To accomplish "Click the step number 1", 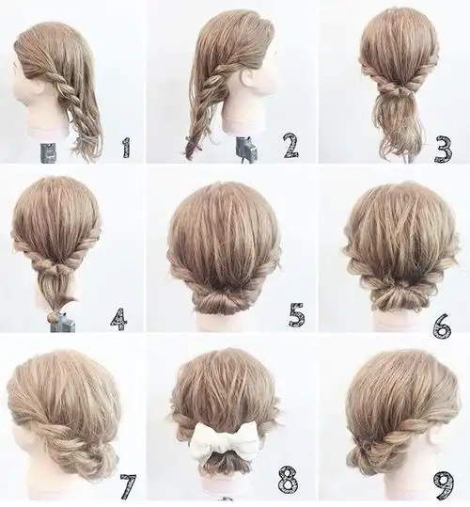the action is pos(127,148).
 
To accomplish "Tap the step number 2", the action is pos(290,146).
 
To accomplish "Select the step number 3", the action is pos(443,150).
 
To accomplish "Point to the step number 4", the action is pos(118,319).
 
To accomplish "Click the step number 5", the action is pos(296,314).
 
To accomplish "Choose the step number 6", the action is pos(442,325).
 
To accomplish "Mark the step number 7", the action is pos(128,486).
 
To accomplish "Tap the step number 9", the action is pos(445,486).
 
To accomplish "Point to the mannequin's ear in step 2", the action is pos(251,80).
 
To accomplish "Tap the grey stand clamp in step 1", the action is pos(49,153).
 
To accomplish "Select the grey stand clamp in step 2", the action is pos(246,149).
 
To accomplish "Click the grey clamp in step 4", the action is pos(63,322).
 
